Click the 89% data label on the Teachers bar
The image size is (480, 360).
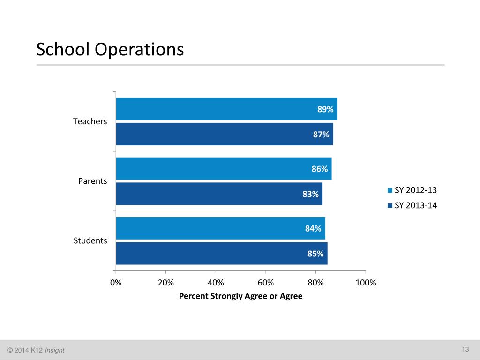[325, 109]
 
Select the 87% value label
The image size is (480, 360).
[321, 135]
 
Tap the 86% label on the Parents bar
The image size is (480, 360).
[320, 169]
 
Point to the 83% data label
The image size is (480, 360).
[310, 194]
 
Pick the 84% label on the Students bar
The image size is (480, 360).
[313, 229]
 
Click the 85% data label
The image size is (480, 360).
[315, 254]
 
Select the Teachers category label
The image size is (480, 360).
[90, 121]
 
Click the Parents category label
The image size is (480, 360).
[92, 181]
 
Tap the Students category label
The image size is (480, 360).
[90, 240]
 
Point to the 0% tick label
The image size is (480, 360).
[116, 283]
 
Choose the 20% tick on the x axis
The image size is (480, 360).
[165, 283]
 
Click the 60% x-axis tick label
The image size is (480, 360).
[265, 283]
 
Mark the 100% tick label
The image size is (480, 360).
[366, 283]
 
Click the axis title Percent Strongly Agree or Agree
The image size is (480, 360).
[240, 296]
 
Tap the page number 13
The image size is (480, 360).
[465, 350]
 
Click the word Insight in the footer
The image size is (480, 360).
[55, 351]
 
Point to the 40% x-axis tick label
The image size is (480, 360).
[216, 283]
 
